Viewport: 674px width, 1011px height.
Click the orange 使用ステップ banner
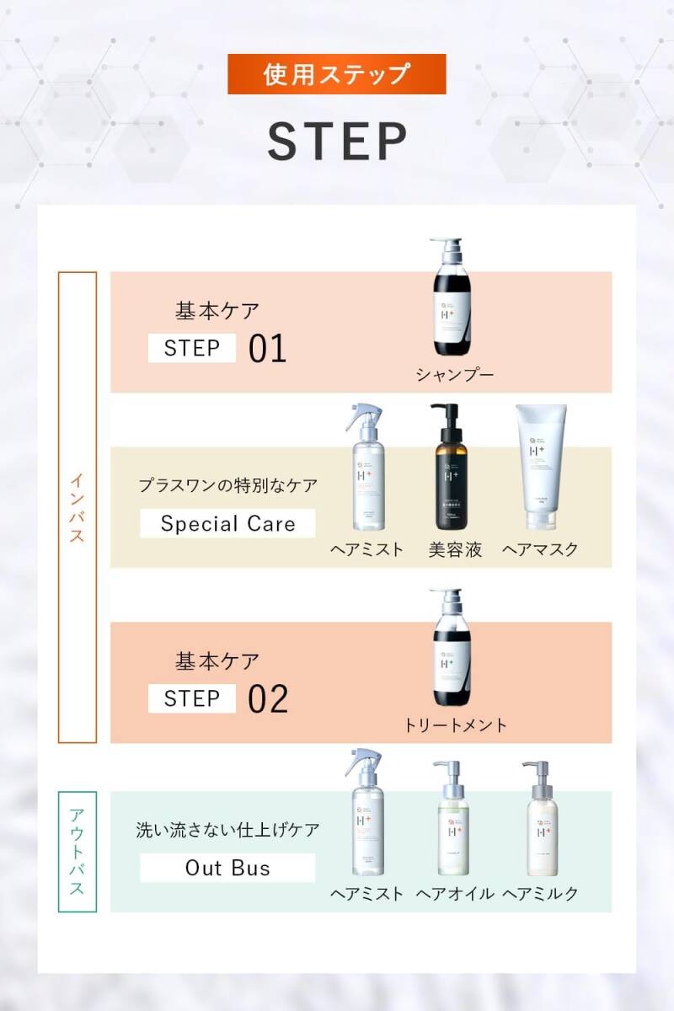[x=337, y=74]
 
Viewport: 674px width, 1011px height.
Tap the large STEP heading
[x=337, y=141]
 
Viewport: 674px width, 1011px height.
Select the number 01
[x=268, y=349]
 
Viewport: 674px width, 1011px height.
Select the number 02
[x=268, y=698]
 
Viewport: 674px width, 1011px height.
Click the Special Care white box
[x=227, y=523]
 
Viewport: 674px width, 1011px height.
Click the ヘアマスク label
[x=541, y=549]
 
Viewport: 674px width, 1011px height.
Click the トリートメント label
[x=456, y=725]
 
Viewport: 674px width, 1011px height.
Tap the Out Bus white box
[x=227, y=868]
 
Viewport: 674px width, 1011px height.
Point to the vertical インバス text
[x=77, y=507]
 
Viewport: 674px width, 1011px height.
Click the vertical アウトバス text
[x=77, y=852]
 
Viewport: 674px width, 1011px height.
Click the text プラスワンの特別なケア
[x=227, y=486]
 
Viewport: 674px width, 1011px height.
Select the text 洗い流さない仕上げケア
[x=227, y=830]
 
